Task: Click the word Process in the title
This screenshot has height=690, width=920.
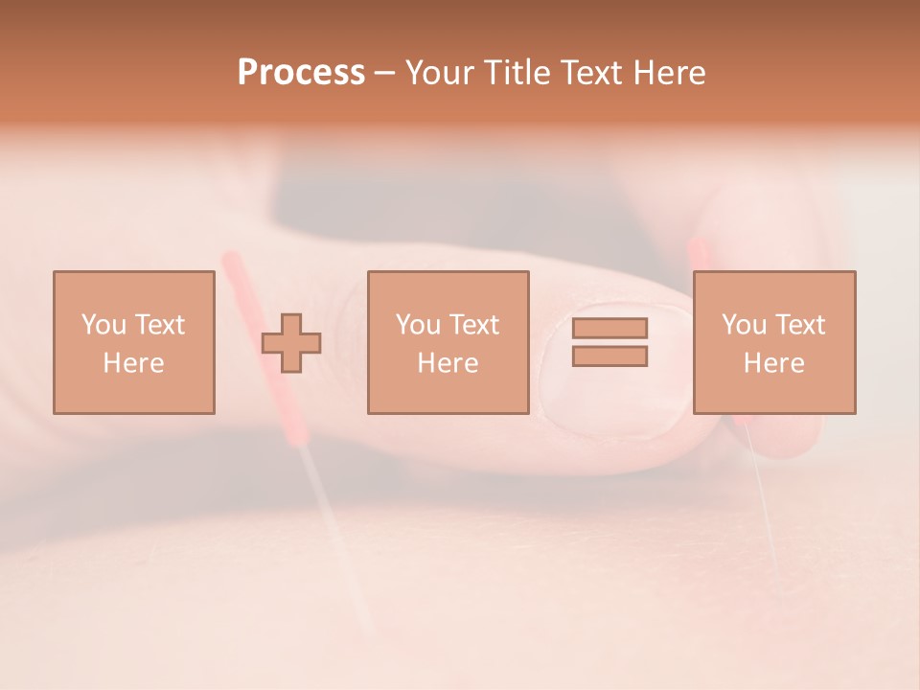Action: click(x=301, y=73)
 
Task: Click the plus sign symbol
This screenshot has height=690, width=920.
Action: click(x=291, y=342)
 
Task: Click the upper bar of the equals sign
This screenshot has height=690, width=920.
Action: click(x=609, y=328)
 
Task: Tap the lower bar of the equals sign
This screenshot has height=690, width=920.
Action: click(x=609, y=356)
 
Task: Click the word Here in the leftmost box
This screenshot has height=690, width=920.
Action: click(x=133, y=363)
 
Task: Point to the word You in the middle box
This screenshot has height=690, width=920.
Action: click(x=418, y=325)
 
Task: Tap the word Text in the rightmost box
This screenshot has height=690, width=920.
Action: click(x=798, y=325)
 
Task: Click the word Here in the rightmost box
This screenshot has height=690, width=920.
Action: click(x=774, y=363)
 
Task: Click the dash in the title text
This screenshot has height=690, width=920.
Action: click(x=385, y=73)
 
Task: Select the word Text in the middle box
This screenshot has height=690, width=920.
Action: click(x=472, y=325)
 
